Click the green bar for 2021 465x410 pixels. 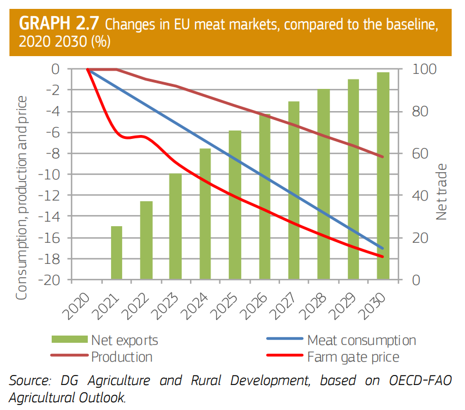(x=117, y=253)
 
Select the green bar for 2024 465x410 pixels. (x=206, y=214)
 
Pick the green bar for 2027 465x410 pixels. (x=294, y=191)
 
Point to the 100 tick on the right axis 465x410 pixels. (x=423, y=69)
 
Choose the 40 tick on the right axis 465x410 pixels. (x=420, y=196)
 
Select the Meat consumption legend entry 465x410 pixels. (x=361, y=340)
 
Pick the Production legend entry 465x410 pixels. (x=122, y=356)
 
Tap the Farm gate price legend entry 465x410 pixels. (x=353, y=356)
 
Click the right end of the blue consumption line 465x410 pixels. (x=383, y=248)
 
